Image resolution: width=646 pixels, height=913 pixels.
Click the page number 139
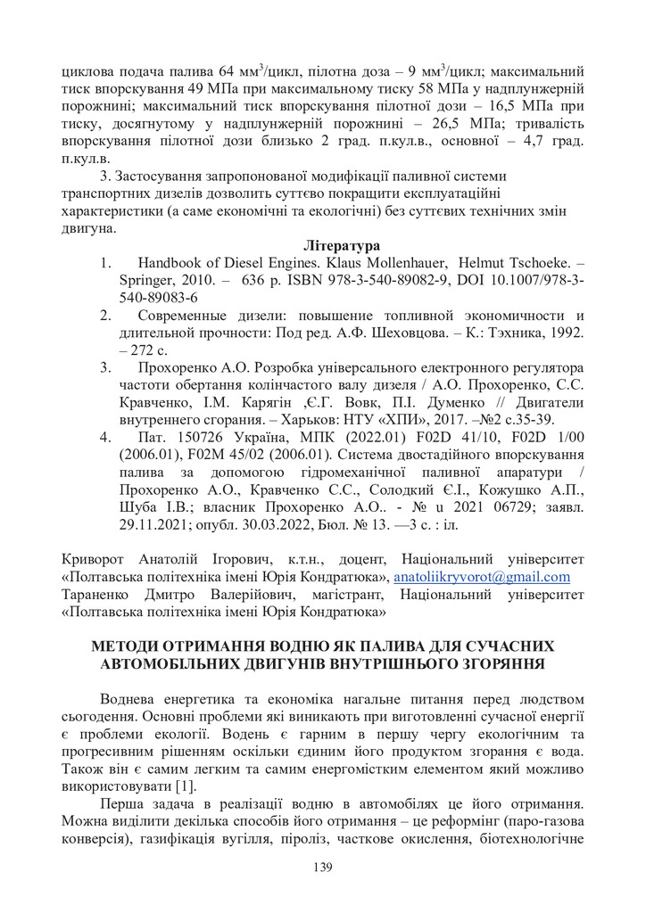coord(323,868)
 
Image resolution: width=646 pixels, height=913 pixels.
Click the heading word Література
coord(342,245)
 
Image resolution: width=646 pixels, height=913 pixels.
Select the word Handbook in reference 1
coord(172,263)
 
